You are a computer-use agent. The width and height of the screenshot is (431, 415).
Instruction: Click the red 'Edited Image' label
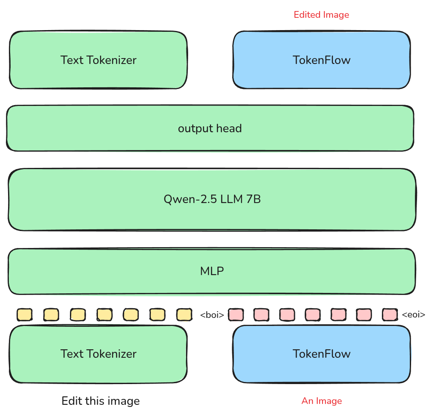(321, 15)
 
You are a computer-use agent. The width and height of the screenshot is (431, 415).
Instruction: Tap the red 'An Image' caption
(321, 401)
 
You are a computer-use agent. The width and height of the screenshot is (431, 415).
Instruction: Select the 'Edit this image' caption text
(100, 401)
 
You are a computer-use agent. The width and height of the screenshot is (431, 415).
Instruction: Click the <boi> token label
(212, 315)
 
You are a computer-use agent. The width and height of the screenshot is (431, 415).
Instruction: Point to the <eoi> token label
(413, 315)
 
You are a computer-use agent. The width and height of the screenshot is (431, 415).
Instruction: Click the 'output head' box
(210, 128)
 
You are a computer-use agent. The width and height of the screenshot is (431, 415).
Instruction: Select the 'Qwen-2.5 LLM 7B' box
(212, 199)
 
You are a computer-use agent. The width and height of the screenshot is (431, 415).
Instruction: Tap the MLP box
(211, 271)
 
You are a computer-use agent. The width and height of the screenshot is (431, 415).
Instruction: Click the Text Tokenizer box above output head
(98, 60)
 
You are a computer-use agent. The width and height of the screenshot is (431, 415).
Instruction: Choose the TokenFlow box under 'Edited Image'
(321, 60)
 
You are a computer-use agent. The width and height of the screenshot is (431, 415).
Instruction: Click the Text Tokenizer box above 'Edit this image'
(98, 354)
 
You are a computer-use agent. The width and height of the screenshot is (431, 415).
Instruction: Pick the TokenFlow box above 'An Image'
(321, 354)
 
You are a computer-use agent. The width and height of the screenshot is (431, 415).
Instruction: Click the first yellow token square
(25, 315)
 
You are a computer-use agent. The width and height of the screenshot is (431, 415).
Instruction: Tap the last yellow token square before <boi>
(184, 315)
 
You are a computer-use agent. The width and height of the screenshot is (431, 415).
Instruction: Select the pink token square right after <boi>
(236, 315)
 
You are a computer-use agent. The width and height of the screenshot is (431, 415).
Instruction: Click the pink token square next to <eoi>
(389, 315)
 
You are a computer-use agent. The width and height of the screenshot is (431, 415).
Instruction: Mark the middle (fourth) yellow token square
(104, 315)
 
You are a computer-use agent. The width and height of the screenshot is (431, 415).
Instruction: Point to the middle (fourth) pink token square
(313, 315)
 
